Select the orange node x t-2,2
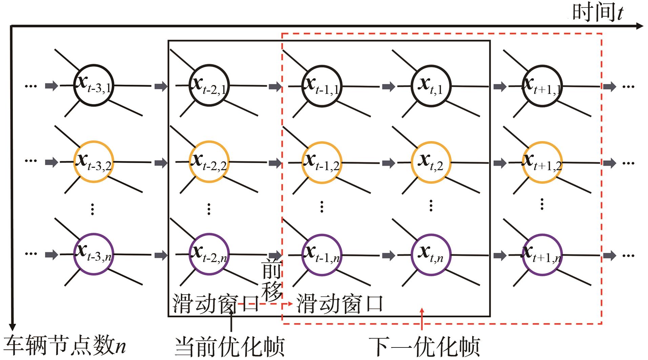pos(209,162)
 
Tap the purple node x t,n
pos(431,255)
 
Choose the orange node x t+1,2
pos(542,162)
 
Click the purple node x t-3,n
pos(93,255)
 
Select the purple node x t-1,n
pos(321,255)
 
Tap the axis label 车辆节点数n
pos(64,346)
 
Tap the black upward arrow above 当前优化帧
pos(231,320)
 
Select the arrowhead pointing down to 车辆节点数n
pos(12,327)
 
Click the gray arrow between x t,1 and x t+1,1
pos(500,86)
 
